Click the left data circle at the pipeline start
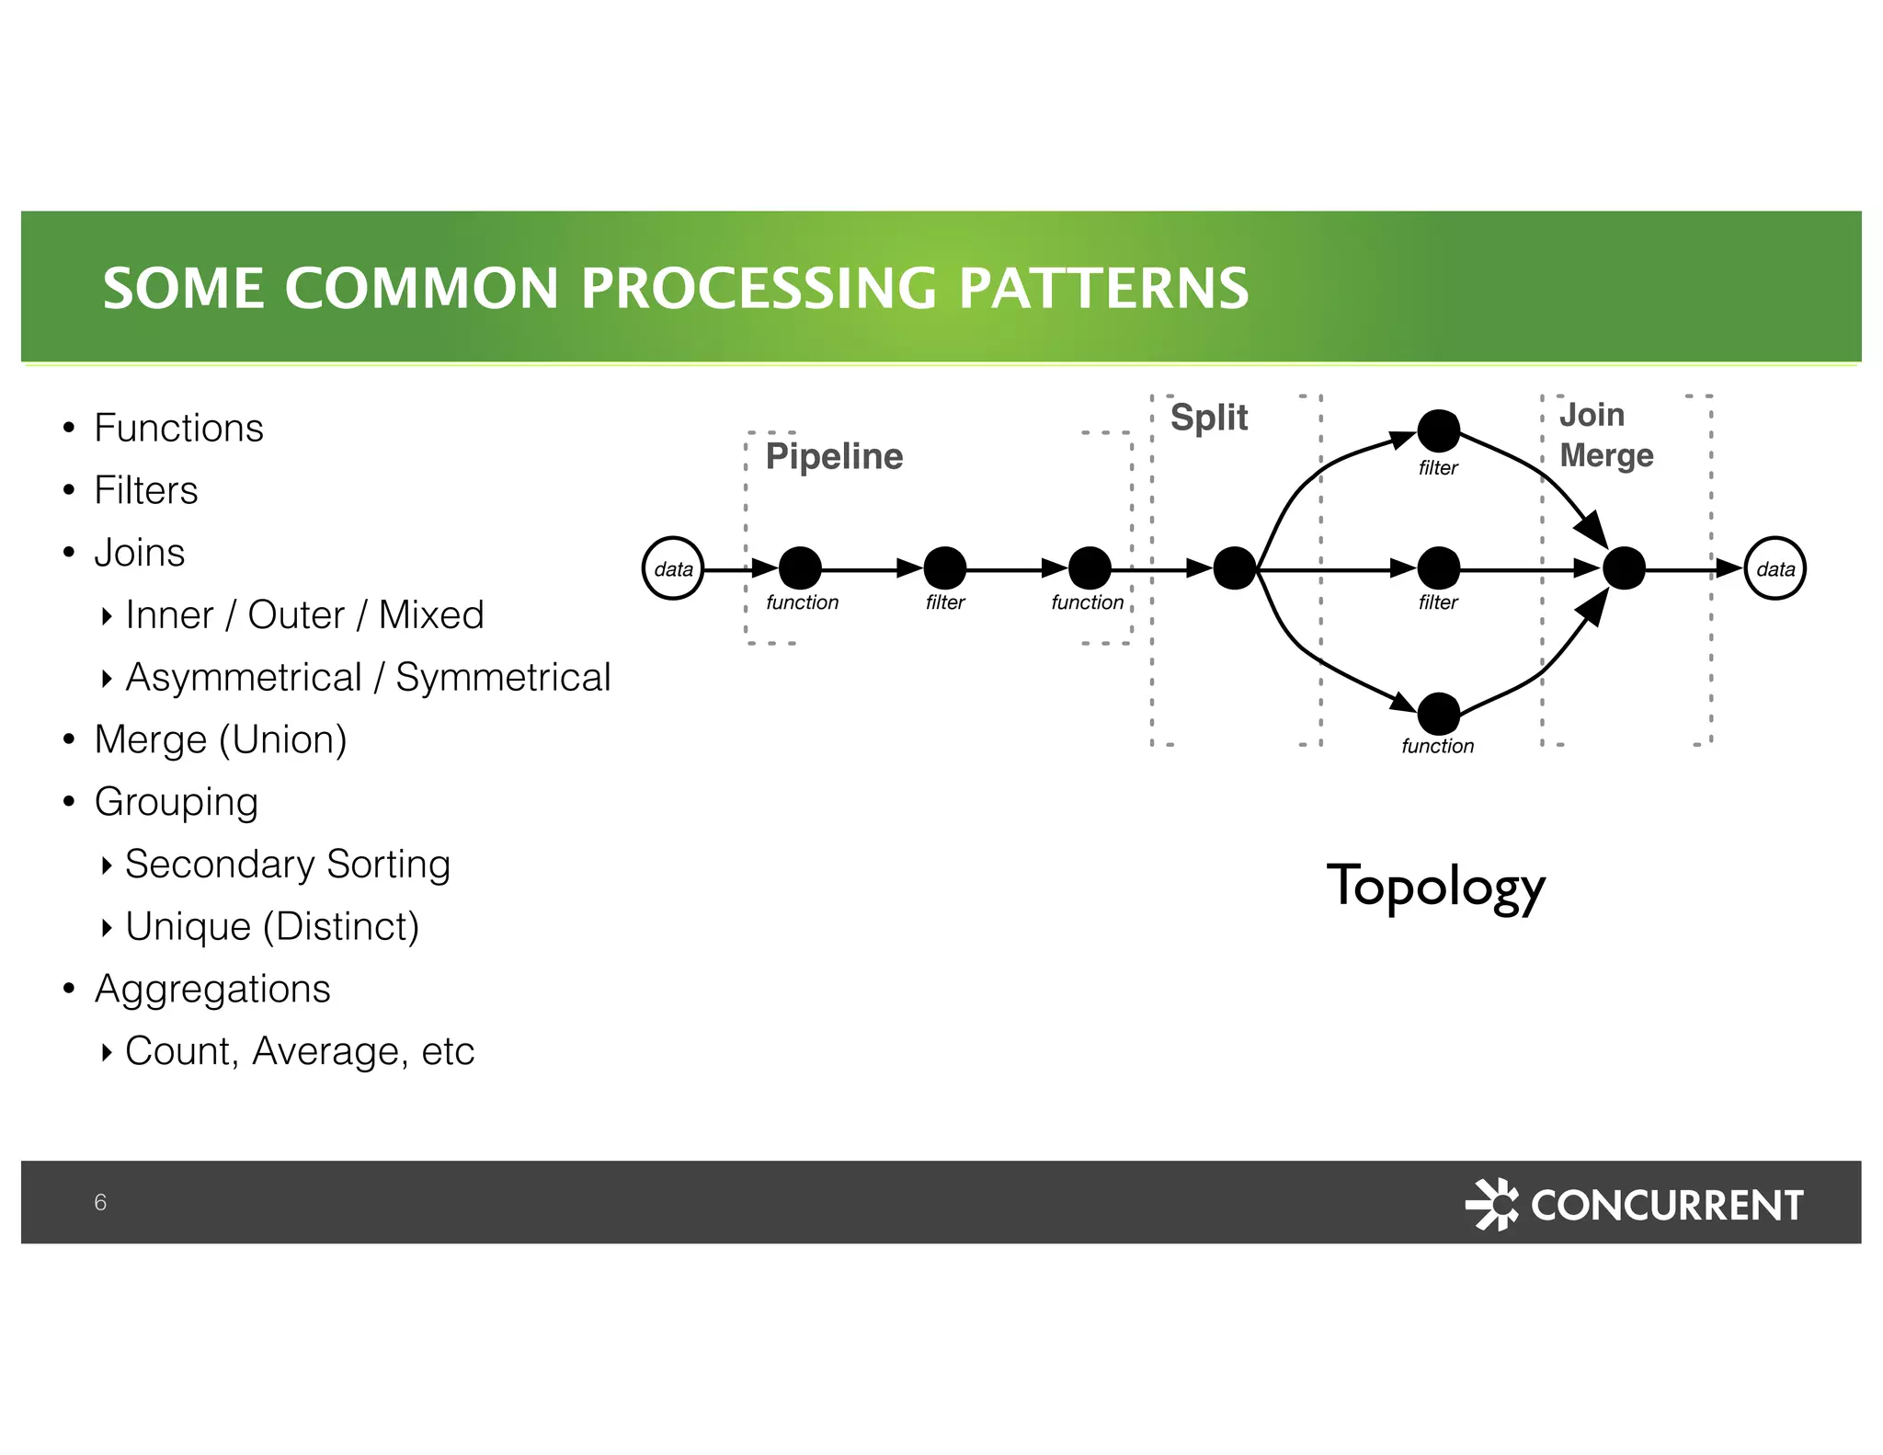[x=673, y=568]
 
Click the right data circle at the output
[x=1775, y=568]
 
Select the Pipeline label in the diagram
[x=834, y=456]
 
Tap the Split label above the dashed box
[x=1208, y=418]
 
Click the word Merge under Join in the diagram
[x=1606, y=455]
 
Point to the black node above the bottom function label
[x=1438, y=714]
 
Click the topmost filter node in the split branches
[x=1438, y=430]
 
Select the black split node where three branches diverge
[x=1234, y=568]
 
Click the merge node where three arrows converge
[x=1624, y=568]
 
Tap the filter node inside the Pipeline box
[x=944, y=568]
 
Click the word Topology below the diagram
[x=1435, y=887]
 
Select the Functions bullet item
[x=178, y=429]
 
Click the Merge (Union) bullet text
[x=221, y=739]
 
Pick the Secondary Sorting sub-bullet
[x=287, y=865]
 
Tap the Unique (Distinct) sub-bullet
[x=272, y=926]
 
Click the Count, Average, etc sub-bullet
[x=300, y=1051]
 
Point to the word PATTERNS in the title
[x=1102, y=289]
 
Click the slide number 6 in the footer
[x=100, y=1202]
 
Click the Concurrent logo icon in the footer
[x=1492, y=1204]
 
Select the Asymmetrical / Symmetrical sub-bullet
[x=368, y=678]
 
